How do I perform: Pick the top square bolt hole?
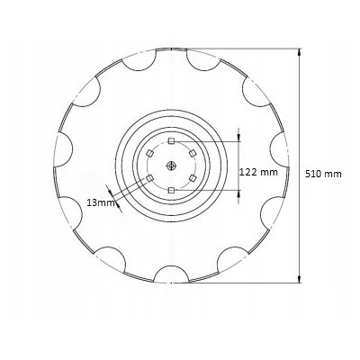point(172,142)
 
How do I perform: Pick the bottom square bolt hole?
point(172,191)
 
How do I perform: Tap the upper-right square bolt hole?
point(193,155)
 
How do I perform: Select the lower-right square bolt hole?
point(193,179)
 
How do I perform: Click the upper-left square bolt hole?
point(151,155)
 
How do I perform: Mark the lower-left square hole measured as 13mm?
point(151,179)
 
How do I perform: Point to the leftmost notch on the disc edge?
point(65,144)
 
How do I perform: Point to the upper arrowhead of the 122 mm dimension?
point(238,137)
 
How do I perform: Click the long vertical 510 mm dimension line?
point(300,108)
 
